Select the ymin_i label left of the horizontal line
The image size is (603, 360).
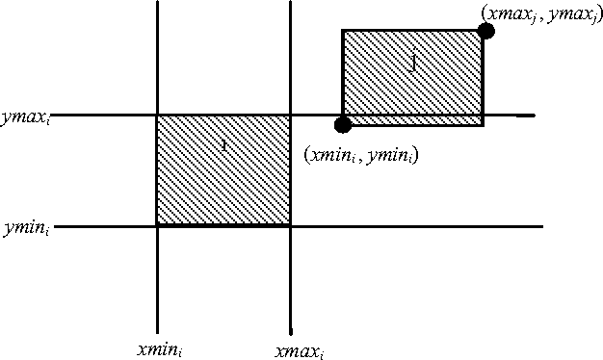pos(24,230)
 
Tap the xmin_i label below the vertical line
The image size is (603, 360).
pos(160,349)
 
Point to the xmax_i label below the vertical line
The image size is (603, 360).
pos(300,350)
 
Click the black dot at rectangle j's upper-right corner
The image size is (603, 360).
pos(485,31)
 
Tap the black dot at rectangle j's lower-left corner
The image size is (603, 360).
pos(342,124)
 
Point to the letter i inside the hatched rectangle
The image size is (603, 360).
pos(223,146)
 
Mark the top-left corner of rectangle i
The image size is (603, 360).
pos(157,116)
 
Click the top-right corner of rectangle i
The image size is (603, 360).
pos(290,116)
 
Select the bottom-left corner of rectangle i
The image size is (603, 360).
pos(157,225)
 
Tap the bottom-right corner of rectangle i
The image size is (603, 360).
pos(290,225)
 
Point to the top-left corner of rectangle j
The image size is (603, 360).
pos(343,31)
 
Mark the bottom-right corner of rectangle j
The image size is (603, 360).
pos(483,124)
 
